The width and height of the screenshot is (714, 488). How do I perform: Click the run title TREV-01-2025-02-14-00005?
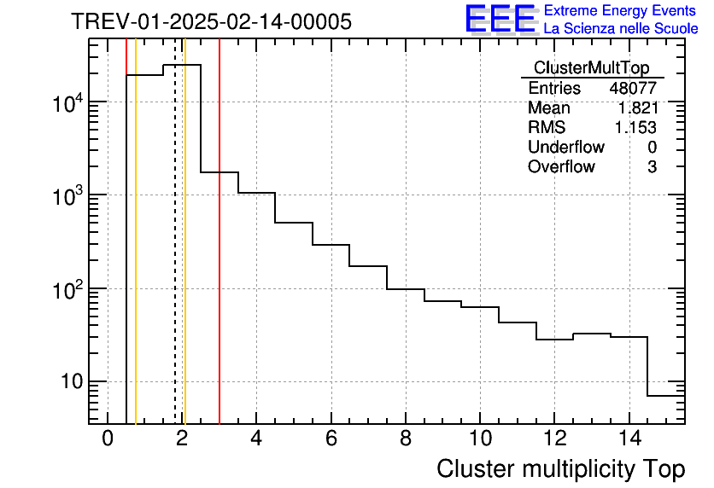click(x=211, y=22)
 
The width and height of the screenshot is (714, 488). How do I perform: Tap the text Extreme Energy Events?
click(x=621, y=11)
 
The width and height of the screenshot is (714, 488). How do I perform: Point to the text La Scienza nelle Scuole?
click(x=621, y=29)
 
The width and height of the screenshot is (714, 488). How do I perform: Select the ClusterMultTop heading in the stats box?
click(x=591, y=68)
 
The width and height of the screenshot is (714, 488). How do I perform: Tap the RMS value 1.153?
click(x=636, y=128)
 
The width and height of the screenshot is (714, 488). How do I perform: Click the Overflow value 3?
click(x=652, y=167)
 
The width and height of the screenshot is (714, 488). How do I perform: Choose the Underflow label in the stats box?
click(x=565, y=148)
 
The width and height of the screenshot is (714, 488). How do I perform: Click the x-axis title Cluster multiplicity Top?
click(x=560, y=469)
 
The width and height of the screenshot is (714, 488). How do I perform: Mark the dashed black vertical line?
click(x=175, y=256)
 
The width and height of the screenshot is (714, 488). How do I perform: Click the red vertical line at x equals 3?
click(x=219, y=256)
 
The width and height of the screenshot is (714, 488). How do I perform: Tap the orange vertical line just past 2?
click(x=184, y=256)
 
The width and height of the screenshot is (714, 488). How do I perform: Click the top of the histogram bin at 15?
click(x=666, y=396)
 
